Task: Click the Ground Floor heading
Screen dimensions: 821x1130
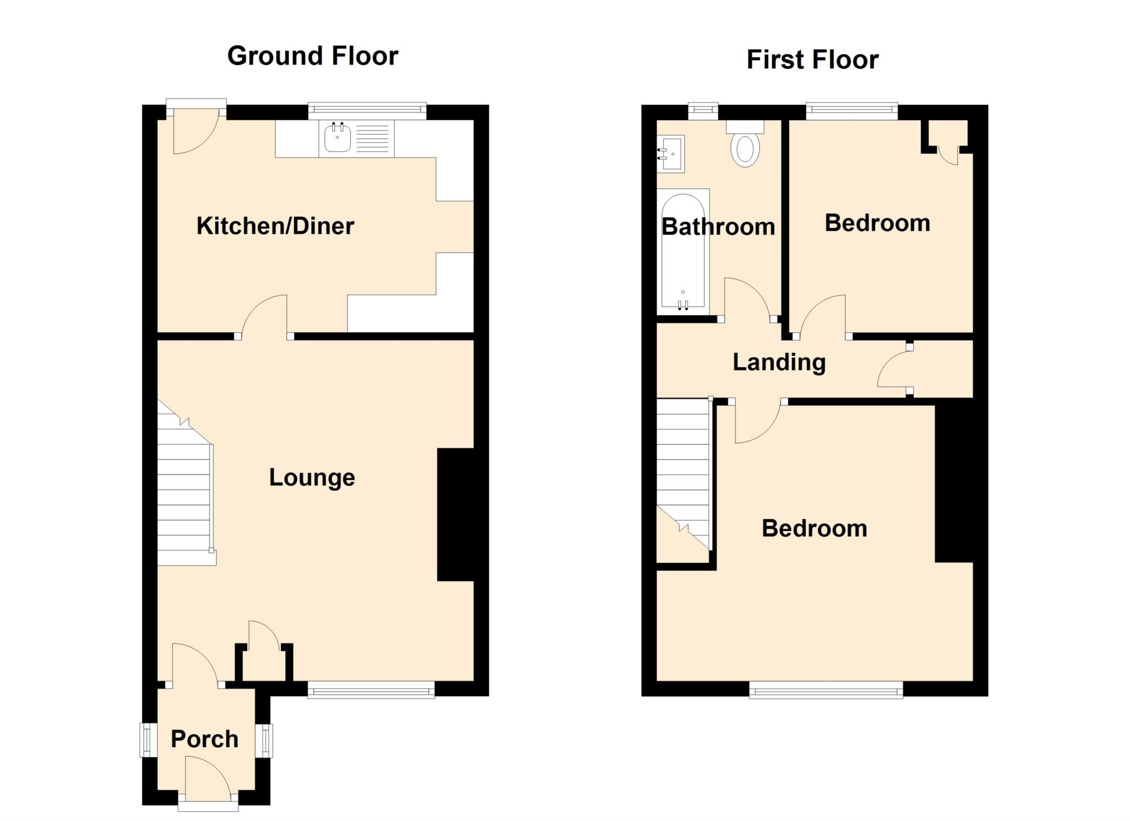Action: point(312,56)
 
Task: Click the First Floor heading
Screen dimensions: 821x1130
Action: point(812,60)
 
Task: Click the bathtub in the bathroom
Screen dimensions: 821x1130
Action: point(683,251)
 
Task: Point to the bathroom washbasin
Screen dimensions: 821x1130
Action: point(671,154)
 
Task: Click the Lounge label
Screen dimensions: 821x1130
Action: point(312,477)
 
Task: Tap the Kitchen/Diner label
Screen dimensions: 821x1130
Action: point(275,226)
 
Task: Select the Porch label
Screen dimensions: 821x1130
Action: point(204,739)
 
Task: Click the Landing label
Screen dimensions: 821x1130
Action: point(779,362)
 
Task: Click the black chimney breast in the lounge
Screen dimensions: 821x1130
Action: point(455,514)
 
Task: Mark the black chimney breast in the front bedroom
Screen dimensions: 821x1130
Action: point(953,482)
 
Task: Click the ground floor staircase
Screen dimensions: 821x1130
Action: point(184,491)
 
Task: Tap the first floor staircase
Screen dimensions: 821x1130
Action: point(683,469)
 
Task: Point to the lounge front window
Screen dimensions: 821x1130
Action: point(371,689)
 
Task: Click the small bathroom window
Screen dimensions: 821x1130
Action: point(703,111)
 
